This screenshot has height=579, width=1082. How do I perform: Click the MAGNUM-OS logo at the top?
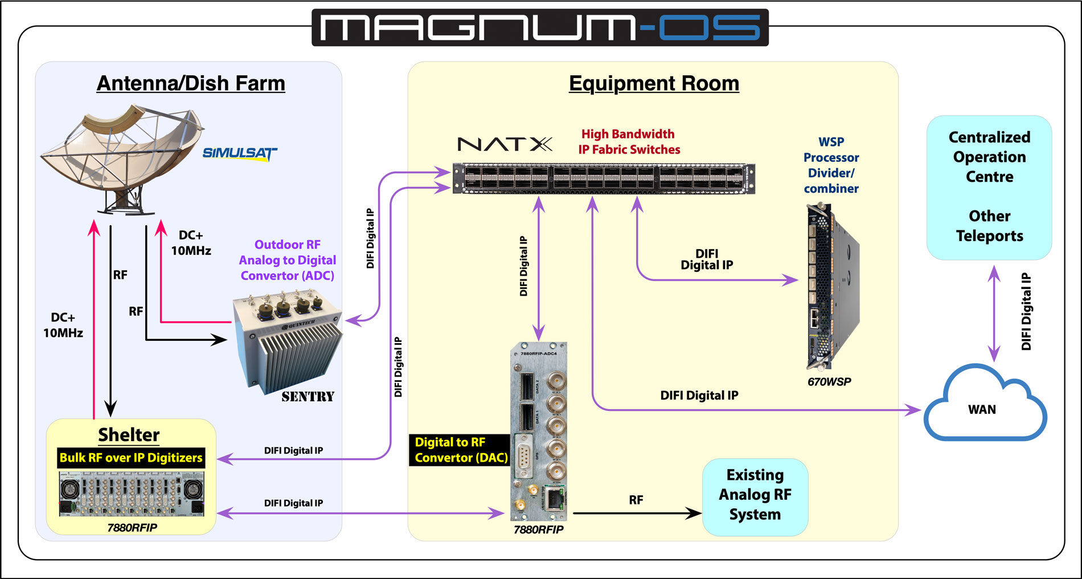click(x=540, y=27)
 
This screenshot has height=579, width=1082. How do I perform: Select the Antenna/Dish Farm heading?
click(x=191, y=83)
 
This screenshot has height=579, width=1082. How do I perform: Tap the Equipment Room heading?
click(x=654, y=83)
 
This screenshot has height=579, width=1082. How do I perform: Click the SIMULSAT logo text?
click(x=239, y=153)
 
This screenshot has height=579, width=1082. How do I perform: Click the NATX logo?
click(x=505, y=144)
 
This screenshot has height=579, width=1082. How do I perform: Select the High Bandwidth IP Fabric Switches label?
click(x=629, y=142)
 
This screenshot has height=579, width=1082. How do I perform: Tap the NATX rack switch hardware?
click(x=604, y=178)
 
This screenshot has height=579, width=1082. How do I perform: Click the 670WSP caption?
click(x=829, y=382)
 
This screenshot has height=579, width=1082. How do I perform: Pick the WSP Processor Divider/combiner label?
click(x=831, y=165)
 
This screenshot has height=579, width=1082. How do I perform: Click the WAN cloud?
click(x=983, y=407)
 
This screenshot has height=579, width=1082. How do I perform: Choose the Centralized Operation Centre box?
click(x=989, y=187)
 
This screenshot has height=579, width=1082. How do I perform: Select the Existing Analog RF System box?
click(x=755, y=495)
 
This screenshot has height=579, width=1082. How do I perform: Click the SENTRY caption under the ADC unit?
click(x=308, y=397)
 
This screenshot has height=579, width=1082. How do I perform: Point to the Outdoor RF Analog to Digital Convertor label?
click(x=287, y=260)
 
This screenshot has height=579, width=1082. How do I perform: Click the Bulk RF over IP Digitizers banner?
click(x=131, y=458)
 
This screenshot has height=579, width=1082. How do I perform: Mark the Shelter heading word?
click(x=129, y=435)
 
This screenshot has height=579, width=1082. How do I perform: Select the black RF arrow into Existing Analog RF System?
click(x=638, y=513)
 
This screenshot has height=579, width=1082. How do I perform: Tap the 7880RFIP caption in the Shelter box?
click(x=132, y=528)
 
